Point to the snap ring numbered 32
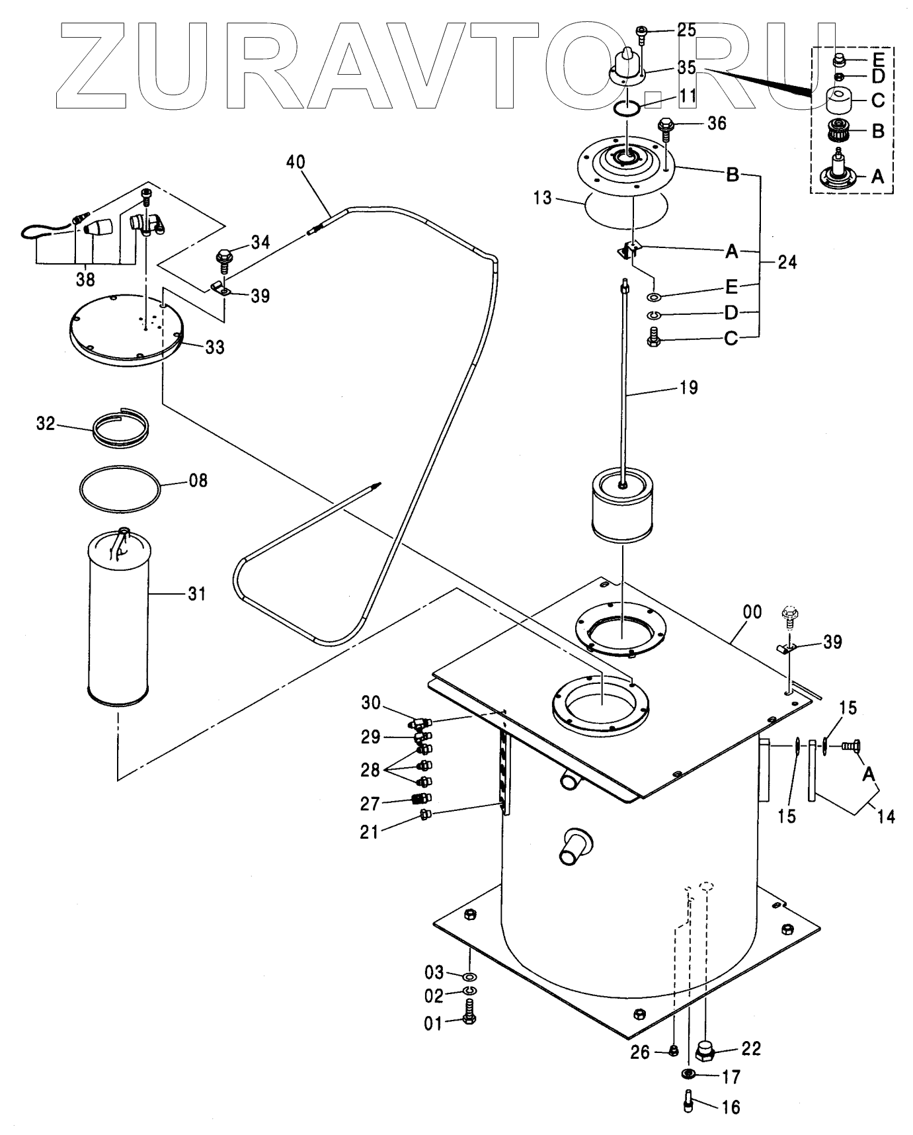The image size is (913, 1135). pos(120,429)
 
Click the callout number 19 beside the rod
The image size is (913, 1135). pos(688,388)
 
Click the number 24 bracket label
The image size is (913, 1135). pos(787,263)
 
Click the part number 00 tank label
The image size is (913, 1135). pos(753,612)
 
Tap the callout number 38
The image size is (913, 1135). pos(85,280)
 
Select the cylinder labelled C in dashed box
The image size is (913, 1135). pos(838,102)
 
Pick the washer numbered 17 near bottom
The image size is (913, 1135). pos(689,1073)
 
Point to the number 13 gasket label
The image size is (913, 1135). pos(543,198)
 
